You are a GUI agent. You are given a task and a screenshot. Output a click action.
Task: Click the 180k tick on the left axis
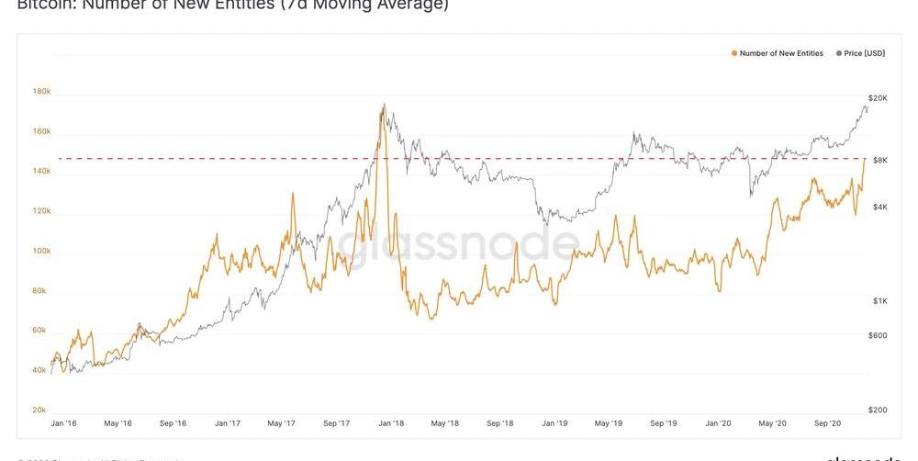coord(41,92)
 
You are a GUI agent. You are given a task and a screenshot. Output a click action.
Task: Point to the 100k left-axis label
coord(41,251)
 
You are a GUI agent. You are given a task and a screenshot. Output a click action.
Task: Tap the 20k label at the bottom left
coord(40,410)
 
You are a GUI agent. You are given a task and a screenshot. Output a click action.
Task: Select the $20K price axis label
coord(877,97)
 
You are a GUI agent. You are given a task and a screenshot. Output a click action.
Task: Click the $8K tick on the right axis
coord(879,160)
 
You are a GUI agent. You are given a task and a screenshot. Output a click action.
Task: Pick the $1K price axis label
coord(879,301)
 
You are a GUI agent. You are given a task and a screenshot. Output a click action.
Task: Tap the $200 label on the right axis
coord(879,410)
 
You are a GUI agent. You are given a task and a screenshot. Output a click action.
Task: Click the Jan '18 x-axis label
coord(392,423)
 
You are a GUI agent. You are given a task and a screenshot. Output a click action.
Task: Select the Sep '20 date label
coord(828,423)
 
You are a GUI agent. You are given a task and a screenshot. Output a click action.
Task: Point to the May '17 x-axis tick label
coord(282,423)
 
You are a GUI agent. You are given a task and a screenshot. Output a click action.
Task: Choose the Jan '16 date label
coord(63,423)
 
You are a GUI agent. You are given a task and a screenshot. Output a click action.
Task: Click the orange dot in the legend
coord(734,54)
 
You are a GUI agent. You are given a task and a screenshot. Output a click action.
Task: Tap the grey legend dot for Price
coord(838,54)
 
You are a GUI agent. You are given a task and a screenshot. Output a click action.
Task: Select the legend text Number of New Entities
coord(781,54)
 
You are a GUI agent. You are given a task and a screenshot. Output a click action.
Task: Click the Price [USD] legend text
coord(865,54)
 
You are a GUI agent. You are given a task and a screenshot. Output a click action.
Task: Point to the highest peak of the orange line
coord(383,106)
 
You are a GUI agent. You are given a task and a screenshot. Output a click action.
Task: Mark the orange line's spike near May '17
coord(293,194)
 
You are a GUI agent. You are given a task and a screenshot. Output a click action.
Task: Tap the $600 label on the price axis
coord(879,335)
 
